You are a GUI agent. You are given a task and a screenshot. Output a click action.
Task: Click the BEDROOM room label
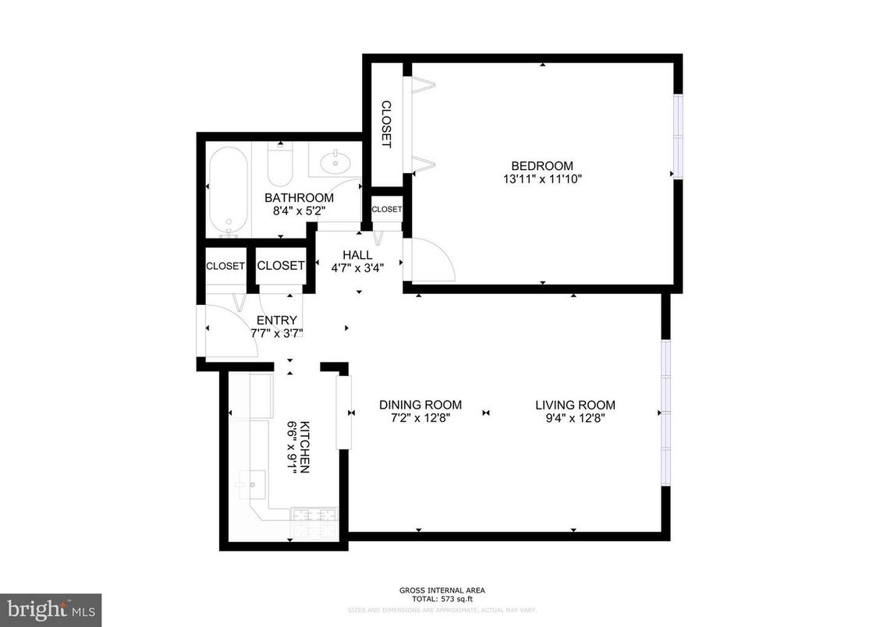click(x=541, y=165)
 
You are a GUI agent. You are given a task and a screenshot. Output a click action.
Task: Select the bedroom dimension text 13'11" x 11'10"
click(x=541, y=179)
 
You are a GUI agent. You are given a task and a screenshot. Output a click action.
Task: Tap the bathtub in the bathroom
click(x=228, y=190)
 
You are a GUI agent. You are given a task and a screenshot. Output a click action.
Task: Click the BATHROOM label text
click(x=299, y=198)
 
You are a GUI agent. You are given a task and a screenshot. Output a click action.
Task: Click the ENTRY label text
click(x=276, y=320)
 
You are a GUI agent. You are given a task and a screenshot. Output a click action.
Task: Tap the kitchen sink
click(x=252, y=484)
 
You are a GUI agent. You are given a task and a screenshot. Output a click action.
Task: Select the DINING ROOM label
click(x=420, y=405)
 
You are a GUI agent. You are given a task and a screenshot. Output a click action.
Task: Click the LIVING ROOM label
click(x=575, y=405)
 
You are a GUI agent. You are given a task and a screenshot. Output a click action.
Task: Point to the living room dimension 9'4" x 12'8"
click(x=575, y=418)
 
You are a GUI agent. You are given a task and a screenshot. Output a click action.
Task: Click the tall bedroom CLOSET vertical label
click(x=385, y=125)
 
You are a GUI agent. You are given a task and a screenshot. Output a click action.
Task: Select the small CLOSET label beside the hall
click(x=386, y=209)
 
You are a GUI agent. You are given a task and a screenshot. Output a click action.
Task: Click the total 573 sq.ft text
click(x=442, y=600)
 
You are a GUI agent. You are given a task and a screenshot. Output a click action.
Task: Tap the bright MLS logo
click(x=51, y=608)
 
